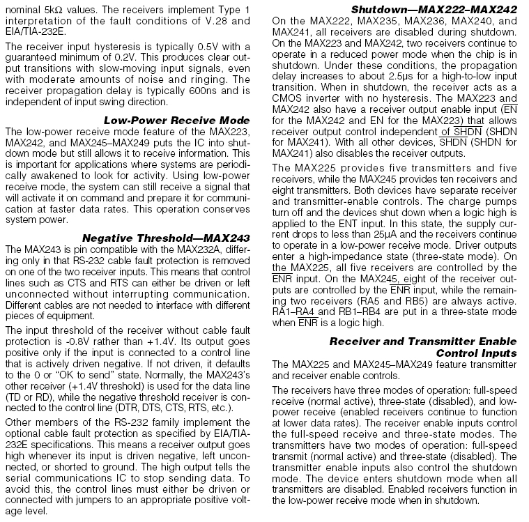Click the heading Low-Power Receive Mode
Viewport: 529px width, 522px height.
[x=176, y=121]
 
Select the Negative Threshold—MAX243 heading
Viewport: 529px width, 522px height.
[x=166, y=237]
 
